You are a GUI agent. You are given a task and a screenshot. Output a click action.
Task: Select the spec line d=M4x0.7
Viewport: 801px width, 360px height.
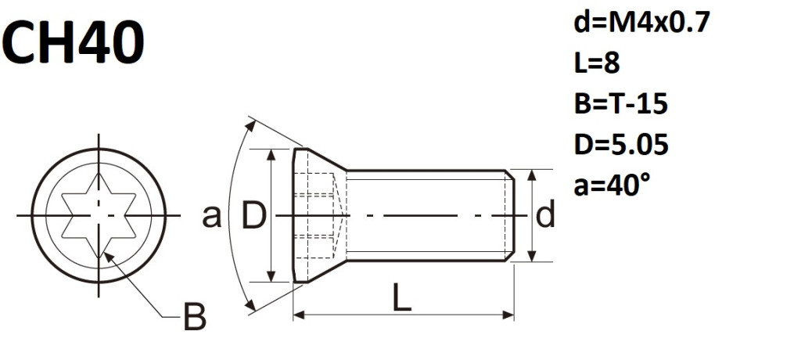(x=641, y=23)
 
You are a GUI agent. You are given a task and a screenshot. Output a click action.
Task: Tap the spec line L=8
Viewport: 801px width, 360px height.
(x=597, y=63)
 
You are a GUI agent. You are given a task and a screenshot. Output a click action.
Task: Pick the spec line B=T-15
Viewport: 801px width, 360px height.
(x=620, y=104)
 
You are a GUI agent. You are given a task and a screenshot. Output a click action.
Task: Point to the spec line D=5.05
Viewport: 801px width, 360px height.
(x=621, y=145)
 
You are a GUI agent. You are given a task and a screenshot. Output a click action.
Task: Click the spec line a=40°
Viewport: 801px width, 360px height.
(x=612, y=185)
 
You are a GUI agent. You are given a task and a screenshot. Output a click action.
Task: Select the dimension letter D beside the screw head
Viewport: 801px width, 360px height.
(x=253, y=216)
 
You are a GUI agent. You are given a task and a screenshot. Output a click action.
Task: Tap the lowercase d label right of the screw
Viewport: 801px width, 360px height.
(x=545, y=214)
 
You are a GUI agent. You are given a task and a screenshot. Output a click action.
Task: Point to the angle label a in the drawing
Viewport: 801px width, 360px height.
(x=211, y=217)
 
